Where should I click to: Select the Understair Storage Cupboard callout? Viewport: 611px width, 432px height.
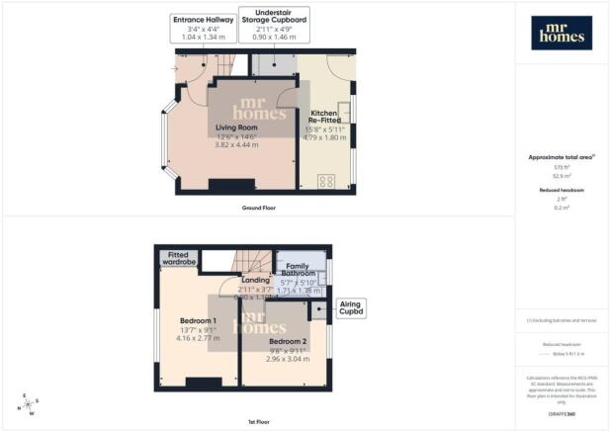pos(273,29)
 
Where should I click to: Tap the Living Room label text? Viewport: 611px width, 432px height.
pos(236,128)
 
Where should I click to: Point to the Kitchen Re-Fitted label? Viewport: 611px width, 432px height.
pos(325,119)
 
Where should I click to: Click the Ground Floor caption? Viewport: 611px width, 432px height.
pos(256,210)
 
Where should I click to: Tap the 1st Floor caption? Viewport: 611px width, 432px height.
pos(256,421)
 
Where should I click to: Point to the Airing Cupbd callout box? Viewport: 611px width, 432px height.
pos(352,308)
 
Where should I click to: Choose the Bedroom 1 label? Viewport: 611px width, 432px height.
pos(199,321)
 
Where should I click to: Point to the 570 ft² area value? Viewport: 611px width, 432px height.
pos(563,167)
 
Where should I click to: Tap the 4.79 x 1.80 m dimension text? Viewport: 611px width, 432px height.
pos(326,137)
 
